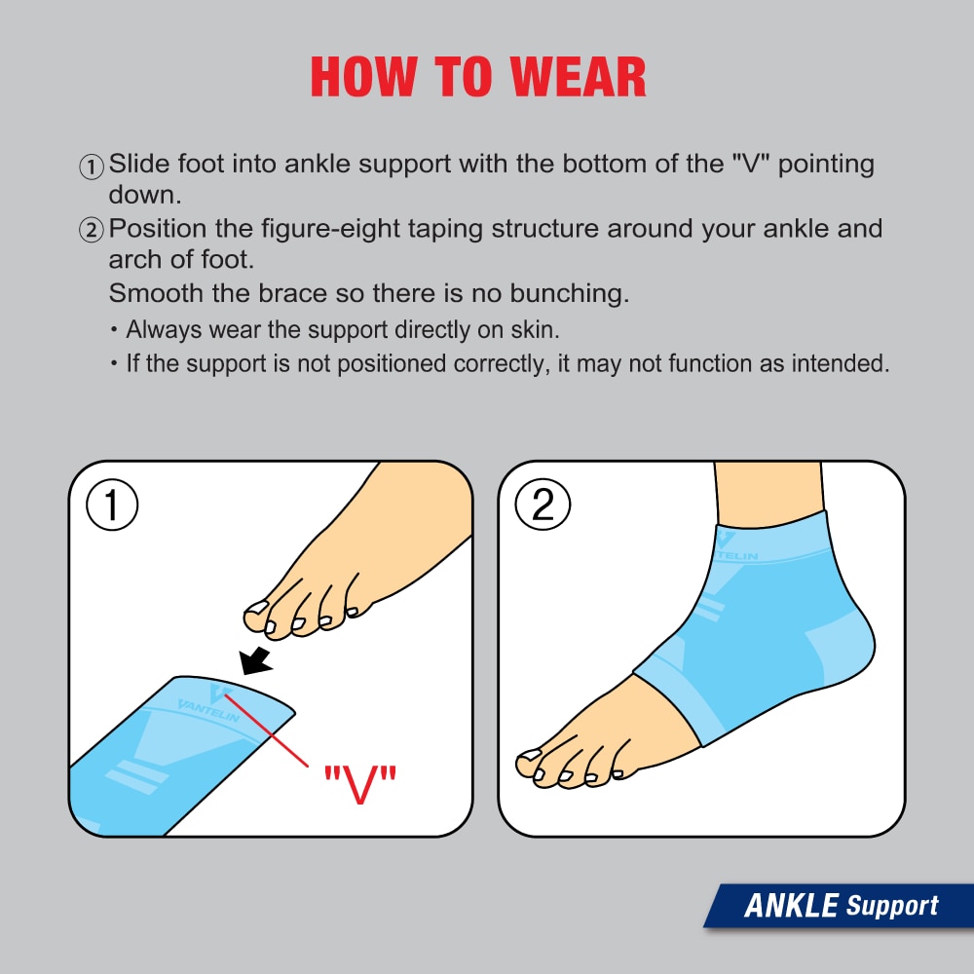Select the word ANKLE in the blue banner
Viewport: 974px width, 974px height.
coord(791,906)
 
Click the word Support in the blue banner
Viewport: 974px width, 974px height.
coord(891,906)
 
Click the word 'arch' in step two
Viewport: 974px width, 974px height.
coord(132,262)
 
